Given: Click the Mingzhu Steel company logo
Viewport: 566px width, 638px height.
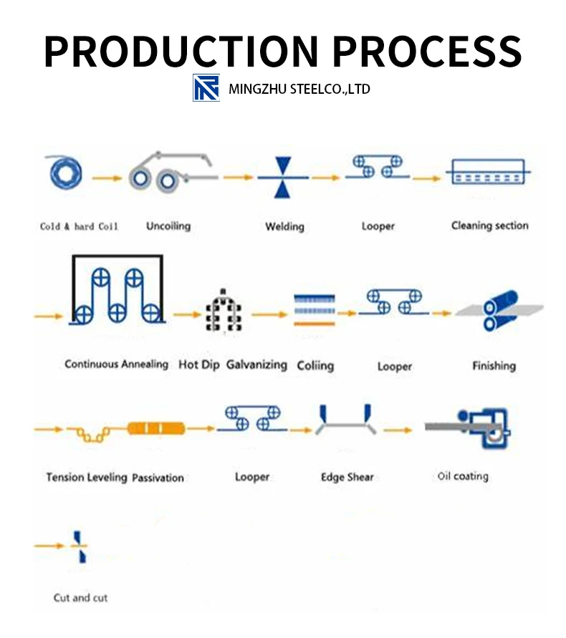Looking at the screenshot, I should pyautogui.click(x=206, y=88).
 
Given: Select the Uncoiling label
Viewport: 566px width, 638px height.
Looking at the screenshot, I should pyautogui.click(x=168, y=226).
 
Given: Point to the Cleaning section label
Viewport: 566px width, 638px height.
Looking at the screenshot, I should pyautogui.click(x=489, y=226).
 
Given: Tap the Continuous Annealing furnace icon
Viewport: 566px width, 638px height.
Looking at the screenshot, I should pyautogui.click(x=117, y=291).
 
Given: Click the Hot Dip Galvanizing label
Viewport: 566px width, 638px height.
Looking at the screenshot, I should pyautogui.click(x=232, y=364).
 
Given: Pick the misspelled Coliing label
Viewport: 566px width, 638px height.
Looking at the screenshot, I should pyautogui.click(x=315, y=365).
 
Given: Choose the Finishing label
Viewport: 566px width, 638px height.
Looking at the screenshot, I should pyautogui.click(x=494, y=366).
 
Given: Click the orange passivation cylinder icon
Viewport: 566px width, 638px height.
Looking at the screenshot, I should pyautogui.click(x=155, y=429).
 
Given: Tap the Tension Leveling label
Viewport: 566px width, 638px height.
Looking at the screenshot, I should pyautogui.click(x=87, y=477).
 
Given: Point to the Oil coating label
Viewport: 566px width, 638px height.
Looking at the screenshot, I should pyautogui.click(x=463, y=476).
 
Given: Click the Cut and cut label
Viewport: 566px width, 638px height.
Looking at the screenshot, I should pyautogui.click(x=80, y=597).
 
